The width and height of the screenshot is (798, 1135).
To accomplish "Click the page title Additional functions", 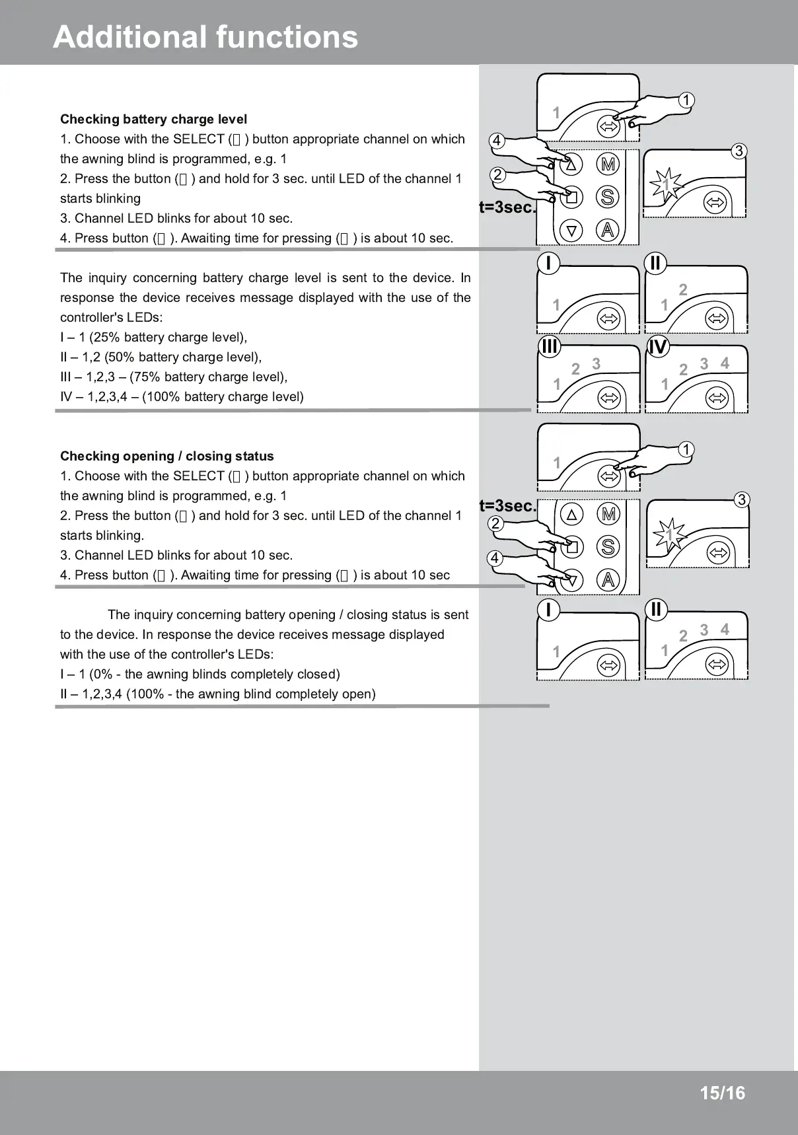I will tap(205, 37).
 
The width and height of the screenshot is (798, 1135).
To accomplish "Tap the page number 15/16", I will tap(722, 1093).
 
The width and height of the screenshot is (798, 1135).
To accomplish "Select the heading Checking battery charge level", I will tap(153, 120).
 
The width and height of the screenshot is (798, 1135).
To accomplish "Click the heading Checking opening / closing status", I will tap(166, 457).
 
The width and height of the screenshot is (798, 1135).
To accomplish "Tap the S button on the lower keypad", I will tap(608, 546).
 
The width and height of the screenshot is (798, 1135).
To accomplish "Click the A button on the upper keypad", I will tap(608, 230).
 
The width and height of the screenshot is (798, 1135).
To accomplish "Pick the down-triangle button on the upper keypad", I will tap(572, 231).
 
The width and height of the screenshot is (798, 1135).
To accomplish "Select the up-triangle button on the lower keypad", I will tap(572, 513).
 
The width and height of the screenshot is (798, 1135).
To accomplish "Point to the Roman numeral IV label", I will tap(658, 347).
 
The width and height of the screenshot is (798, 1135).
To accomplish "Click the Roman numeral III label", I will tap(549, 347).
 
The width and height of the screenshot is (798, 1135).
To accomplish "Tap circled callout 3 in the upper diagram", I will tap(739, 151).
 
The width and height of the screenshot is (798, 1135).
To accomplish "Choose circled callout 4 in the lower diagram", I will tap(495, 558).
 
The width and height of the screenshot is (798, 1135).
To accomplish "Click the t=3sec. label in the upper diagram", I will tap(507, 207).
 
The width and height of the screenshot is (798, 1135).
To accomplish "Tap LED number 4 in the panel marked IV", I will tap(725, 363).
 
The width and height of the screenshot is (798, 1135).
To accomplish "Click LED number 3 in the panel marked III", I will tap(596, 364).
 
